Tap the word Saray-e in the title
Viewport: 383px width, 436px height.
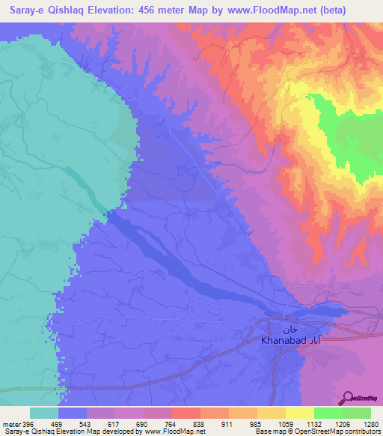(x=22, y=11)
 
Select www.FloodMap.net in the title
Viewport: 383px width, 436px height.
(x=269, y=11)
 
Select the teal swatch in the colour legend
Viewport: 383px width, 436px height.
(x=44, y=413)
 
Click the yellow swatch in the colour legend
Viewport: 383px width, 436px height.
(x=299, y=413)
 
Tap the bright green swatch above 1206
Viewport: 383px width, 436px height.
(x=328, y=413)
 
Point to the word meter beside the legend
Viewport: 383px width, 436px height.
(x=11, y=424)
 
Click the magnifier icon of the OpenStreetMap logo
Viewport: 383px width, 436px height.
(x=347, y=397)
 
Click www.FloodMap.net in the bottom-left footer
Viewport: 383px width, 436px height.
(x=171, y=432)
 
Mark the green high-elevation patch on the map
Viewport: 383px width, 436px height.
(x=352, y=139)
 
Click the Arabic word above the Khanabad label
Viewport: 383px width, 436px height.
(x=290, y=328)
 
